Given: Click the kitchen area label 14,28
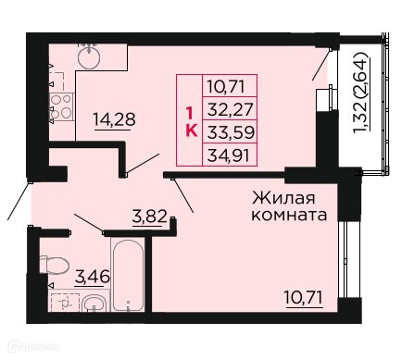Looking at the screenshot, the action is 114,119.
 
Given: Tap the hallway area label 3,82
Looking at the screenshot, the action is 149,217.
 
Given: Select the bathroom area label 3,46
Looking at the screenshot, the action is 93,276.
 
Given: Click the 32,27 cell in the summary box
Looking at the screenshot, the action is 230,109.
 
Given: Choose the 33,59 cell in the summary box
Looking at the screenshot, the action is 231,132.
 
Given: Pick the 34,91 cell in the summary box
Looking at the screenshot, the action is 229,155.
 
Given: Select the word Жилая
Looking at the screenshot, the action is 283,198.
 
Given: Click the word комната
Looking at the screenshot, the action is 289,215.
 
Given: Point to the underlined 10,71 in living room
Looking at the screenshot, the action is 304,297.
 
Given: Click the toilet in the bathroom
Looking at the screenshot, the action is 54,266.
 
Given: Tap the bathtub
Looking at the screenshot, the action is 128,275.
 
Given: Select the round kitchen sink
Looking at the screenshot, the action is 89,57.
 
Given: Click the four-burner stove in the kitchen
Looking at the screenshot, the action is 61,106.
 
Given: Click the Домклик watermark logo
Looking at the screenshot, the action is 34,347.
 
